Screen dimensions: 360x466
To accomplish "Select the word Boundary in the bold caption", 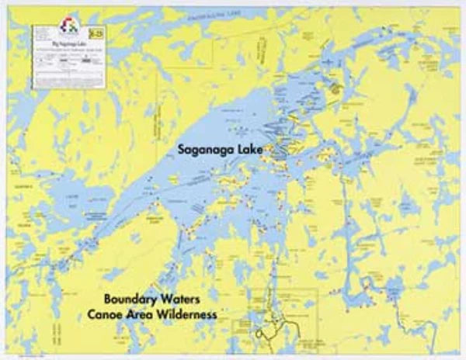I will (x=131, y=299).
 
